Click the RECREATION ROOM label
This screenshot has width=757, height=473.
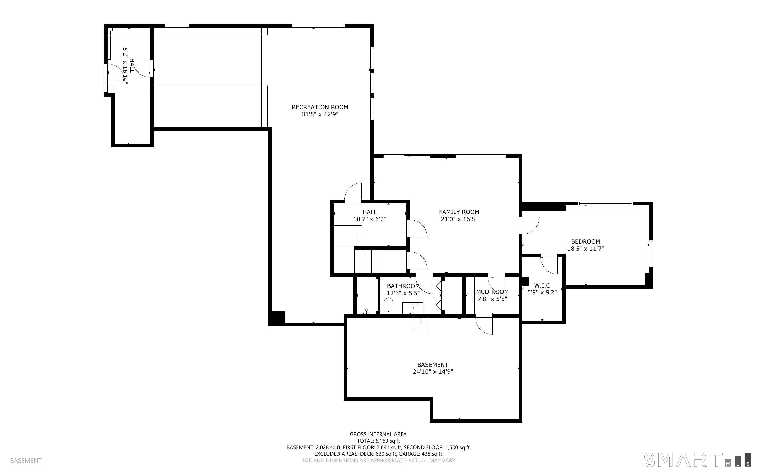coord(320,107)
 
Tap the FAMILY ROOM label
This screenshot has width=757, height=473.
coord(459,212)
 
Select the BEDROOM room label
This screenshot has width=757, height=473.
coord(586,241)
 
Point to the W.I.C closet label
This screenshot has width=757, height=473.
coord(542,285)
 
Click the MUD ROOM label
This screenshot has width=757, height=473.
coord(492,291)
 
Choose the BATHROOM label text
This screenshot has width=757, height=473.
coord(403,286)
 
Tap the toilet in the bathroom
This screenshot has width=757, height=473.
coord(388,305)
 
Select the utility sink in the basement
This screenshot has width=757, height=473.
coord(421,323)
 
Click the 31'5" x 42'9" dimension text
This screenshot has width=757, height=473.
coord(320,114)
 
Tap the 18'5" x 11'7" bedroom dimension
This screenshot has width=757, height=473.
coord(586,249)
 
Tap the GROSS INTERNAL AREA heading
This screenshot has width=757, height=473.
coord(378,434)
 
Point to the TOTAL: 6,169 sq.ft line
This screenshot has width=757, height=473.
coord(378,441)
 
